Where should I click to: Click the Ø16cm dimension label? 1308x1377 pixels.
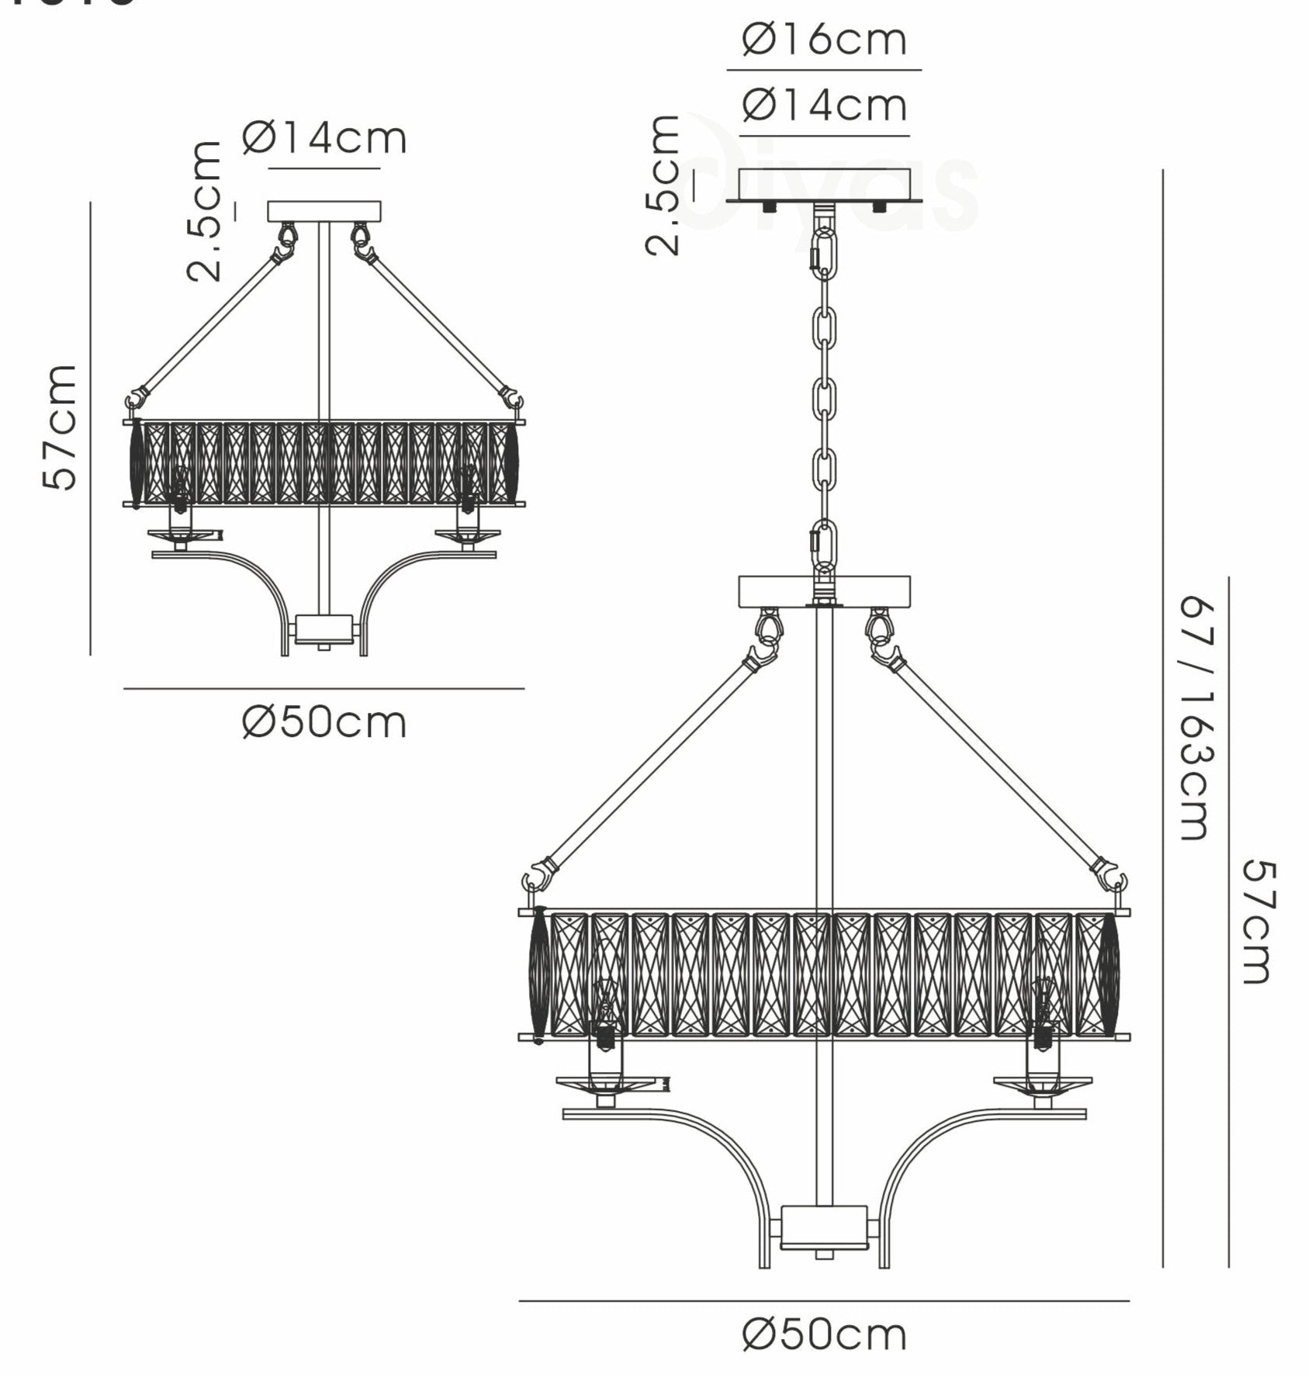tap(824, 40)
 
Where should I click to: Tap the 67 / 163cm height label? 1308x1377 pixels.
tap(1196, 718)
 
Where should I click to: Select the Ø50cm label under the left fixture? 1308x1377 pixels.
tap(324, 723)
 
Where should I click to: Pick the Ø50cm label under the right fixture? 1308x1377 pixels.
tap(824, 1335)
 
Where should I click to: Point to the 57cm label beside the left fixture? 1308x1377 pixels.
tap(60, 427)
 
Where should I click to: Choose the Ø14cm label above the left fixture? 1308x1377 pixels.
tap(324, 139)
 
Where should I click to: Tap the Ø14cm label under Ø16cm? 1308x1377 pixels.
tap(824, 106)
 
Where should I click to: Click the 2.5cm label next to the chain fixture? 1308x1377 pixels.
tap(664, 185)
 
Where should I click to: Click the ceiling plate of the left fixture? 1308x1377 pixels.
tap(324, 211)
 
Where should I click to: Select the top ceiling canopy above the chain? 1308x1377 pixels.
tap(824, 186)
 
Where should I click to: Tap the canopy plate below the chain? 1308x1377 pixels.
tap(824, 590)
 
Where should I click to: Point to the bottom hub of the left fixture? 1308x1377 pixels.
tap(324, 629)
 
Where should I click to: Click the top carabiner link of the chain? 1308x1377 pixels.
tap(824, 247)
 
